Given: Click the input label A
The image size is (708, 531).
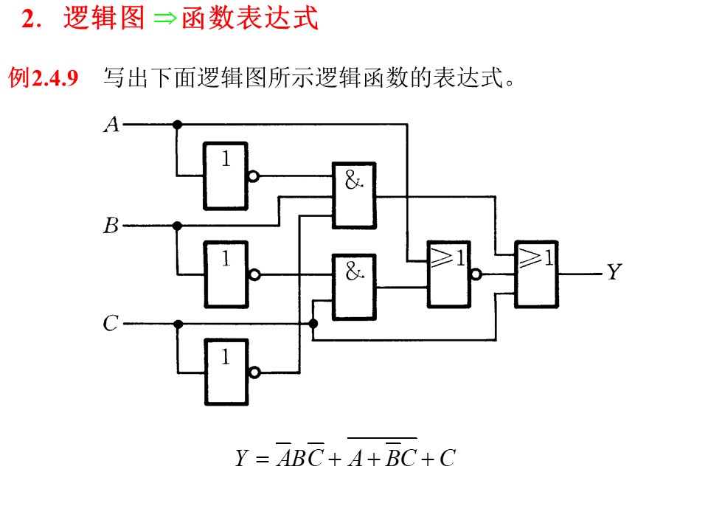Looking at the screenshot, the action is click(111, 124).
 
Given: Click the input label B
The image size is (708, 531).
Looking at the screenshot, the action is click(111, 226).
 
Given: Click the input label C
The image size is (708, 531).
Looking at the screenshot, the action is click(111, 323).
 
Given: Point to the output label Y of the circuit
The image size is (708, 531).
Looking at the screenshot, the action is click(614, 272).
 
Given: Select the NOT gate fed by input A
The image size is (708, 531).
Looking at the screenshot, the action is click(226, 176).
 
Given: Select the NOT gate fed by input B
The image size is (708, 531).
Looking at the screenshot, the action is click(226, 274).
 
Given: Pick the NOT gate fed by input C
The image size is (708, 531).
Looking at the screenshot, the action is click(226, 372).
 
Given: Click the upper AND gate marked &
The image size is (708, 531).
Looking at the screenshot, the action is click(354, 195).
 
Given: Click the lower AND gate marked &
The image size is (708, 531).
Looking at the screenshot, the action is click(354, 287).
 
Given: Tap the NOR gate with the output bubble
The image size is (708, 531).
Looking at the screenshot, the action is click(449, 274).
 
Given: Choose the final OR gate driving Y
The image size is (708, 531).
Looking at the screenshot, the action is click(536, 274).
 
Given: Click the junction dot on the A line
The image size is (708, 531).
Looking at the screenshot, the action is click(178, 124).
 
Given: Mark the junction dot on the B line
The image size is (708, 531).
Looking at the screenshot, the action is click(178, 226).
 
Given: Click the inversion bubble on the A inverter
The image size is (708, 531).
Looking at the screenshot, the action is click(254, 176).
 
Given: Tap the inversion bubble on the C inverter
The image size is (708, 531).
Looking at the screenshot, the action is click(254, 372).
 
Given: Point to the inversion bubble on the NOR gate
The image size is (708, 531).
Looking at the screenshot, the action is click(476, 274).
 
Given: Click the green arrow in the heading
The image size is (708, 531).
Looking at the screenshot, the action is click(164, 18).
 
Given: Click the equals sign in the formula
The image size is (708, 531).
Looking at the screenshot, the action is click(262, 459).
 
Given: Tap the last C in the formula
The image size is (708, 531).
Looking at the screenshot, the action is click(448, 458).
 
